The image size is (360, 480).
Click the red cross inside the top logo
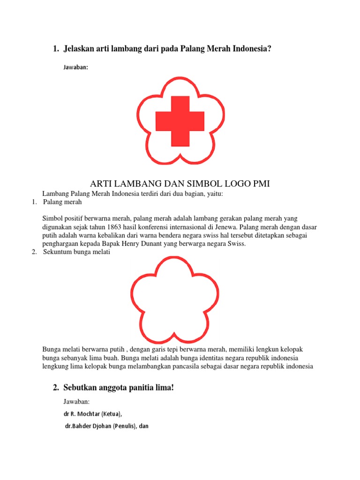tap(180, 120)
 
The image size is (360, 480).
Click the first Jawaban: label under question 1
tap(75, 67)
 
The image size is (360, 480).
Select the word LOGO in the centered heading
tap(231, 184)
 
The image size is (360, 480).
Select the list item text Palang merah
tap(62, 202)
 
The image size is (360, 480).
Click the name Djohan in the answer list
tap(104, 427)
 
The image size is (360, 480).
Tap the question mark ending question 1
tap(270, 49)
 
